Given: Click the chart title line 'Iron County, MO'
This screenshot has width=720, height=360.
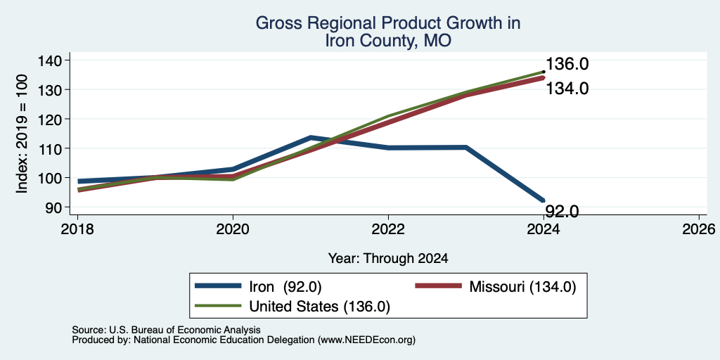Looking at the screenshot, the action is pyautogui.click(x=388, y=41).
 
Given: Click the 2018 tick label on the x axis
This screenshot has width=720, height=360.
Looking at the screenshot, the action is pyautogui.click(x=77, y=229).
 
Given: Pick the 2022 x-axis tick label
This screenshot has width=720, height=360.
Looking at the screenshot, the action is pyautogui.click(x=388, y=229).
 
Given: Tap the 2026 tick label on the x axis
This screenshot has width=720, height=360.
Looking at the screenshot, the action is pyautogui.click(x=699, y=229).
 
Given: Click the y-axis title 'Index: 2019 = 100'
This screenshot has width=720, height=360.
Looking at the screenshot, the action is pyautogui.click(x=22, y=134).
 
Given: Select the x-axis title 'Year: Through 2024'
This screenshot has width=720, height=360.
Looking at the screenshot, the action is pyautogui.click(x=388, y=259).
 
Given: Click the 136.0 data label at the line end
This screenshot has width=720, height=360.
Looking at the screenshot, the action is pyautogui.click(x=567, y=64).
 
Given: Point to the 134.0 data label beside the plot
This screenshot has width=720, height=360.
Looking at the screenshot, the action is pyautogui.click(x=567, y=88).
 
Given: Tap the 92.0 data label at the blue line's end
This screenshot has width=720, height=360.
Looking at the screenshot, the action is pyautogui.click(x=562, y=211).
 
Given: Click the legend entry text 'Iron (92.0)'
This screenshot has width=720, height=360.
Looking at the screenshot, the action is pyautogui.click(x=285, y=287).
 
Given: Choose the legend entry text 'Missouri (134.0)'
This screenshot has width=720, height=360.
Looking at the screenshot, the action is pyautogui.click(x=522, y=287).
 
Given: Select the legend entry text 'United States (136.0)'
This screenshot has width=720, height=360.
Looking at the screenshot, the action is pyautogui.click(x=320, y=307).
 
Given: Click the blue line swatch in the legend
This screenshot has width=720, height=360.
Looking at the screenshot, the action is pyautogui.click(x=218, y=286).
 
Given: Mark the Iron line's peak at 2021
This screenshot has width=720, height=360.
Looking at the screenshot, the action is pyautogui.click(x=311, y=137).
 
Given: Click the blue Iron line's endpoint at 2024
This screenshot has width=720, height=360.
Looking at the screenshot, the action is pyautogui.click(x=544, y=200).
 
